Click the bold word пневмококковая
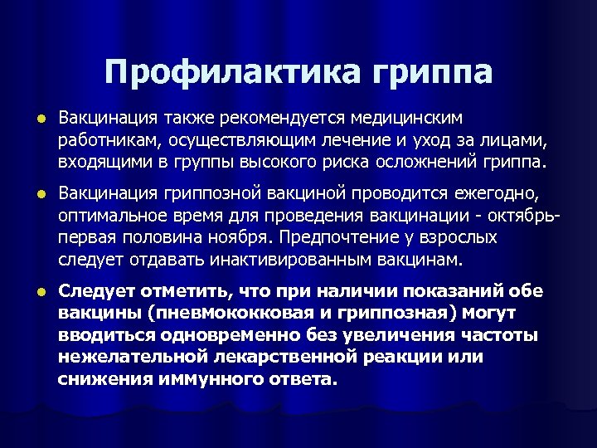click(x=211, y=314)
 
